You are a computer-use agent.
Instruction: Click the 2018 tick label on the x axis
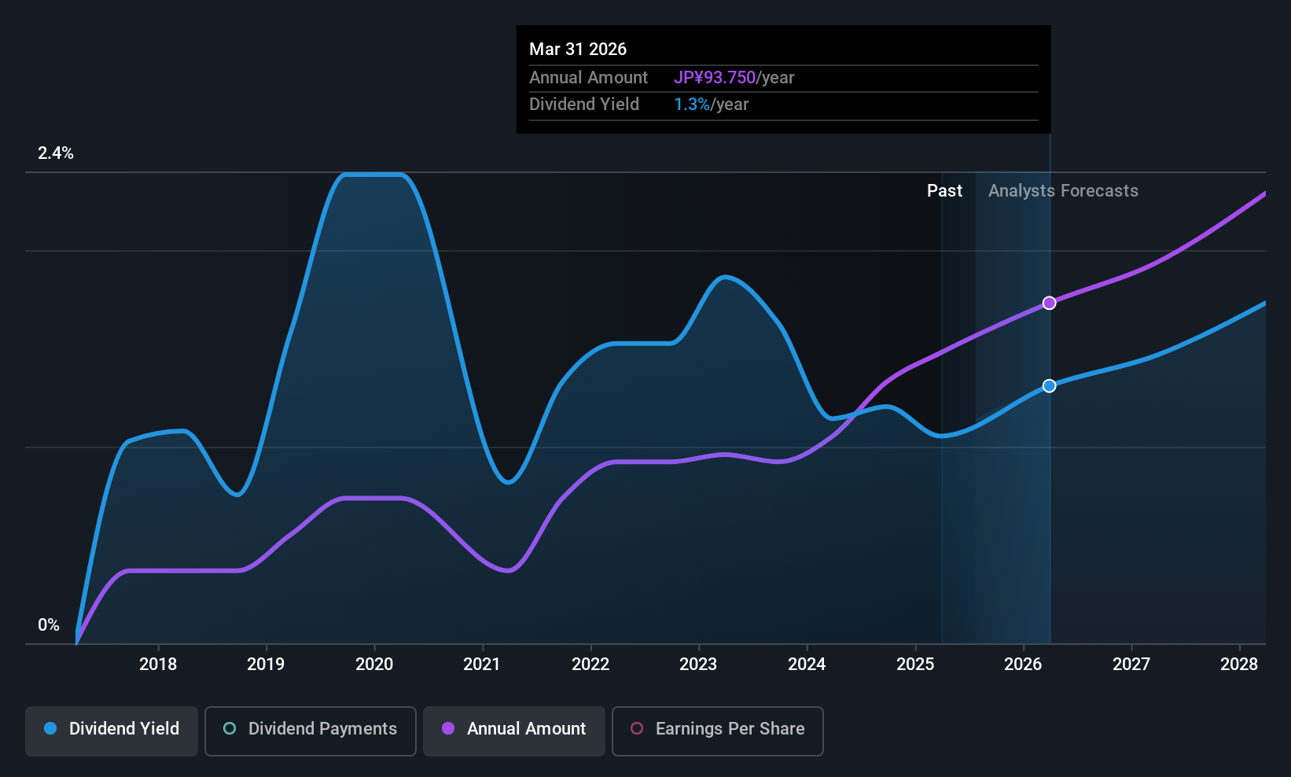(158, 665)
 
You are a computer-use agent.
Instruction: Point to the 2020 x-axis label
(374, 665)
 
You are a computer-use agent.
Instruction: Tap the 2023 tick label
(698, 665)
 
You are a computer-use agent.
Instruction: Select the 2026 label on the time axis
(1023, 665)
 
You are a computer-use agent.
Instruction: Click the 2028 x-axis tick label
(1239, 665)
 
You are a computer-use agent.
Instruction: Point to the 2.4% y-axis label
(56, 153)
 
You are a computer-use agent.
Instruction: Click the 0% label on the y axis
(49, 625)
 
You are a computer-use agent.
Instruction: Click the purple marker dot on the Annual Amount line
(1050, 303)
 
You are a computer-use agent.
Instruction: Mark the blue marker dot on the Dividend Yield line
(1050, 385)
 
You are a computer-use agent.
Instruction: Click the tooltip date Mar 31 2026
(578, 50)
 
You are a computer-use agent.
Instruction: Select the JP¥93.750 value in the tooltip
(715, 78)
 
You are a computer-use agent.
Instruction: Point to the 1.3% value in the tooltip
(692, 105)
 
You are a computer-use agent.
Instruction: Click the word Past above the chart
(944, 191)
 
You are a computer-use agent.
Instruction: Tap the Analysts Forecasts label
(1063, 191)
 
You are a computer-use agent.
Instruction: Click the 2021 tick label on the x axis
(482, 665)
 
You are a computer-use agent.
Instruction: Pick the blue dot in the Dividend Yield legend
(50, 728)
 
